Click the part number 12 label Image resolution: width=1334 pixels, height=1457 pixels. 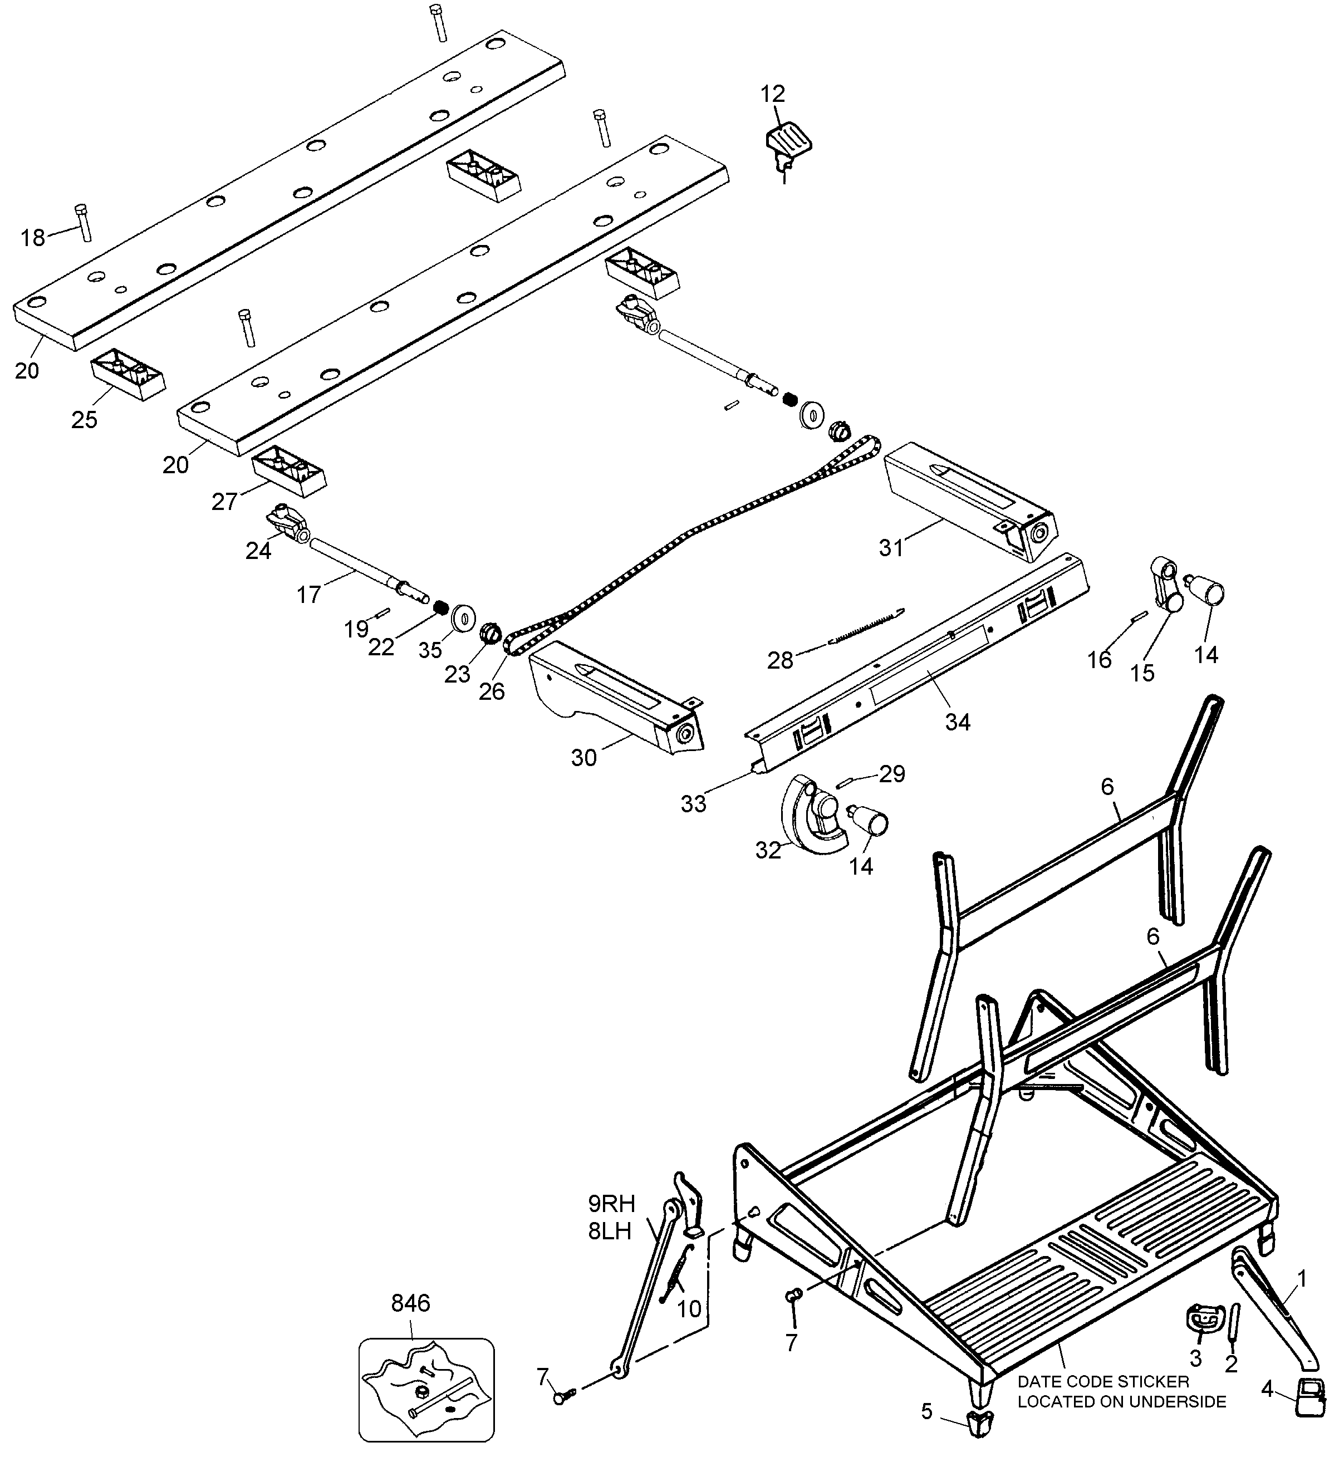pos(772,94)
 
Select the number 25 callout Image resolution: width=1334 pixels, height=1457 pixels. pos(84,420)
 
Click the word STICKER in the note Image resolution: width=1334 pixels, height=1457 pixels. pos(1154,1382)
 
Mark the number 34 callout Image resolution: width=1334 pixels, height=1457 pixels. pos(958,722)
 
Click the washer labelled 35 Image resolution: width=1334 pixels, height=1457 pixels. pos(461,619)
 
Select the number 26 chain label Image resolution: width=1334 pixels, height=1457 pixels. pos(492,691)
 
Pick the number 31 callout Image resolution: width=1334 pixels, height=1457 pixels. pos(891,548)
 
